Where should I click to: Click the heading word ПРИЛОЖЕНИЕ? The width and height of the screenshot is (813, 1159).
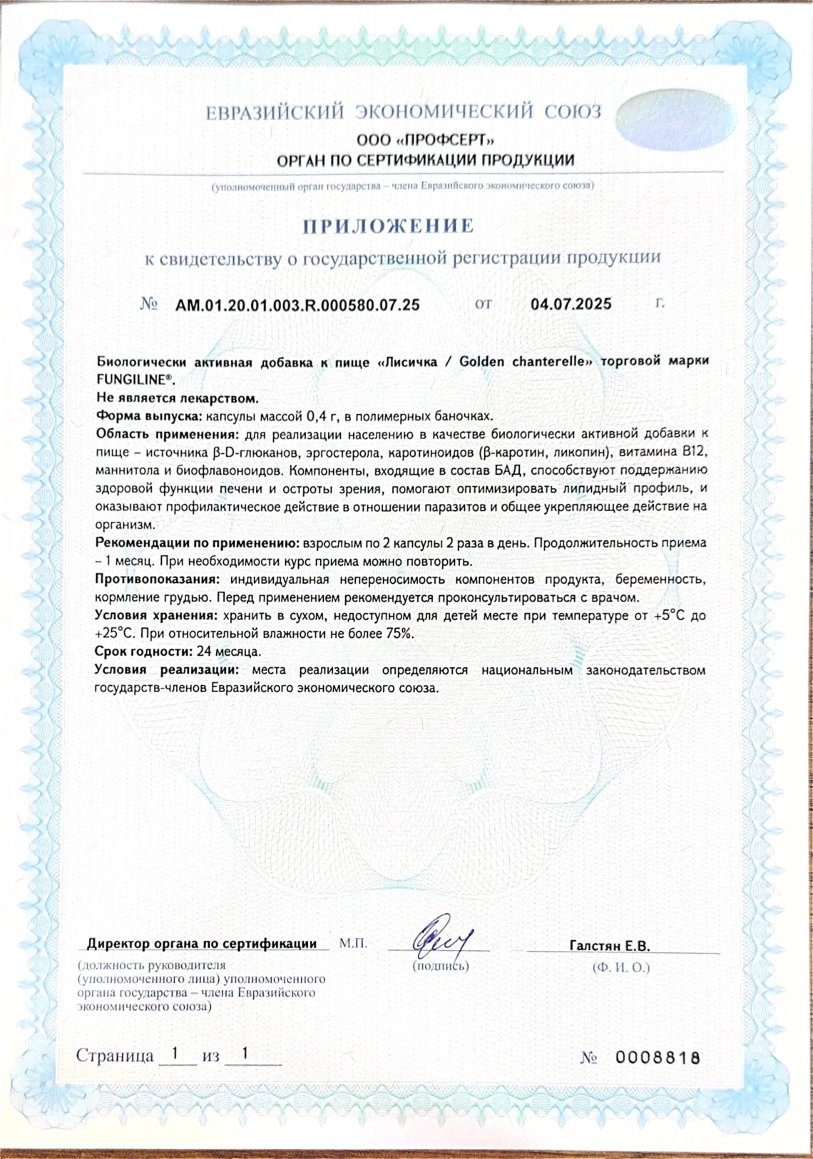click(x=389, y=227)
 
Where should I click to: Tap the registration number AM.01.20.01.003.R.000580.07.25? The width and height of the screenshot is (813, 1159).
click(x=297, y=305)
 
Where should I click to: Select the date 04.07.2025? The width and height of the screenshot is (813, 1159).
click(x=571, y=304)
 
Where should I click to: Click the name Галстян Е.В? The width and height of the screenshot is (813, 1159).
click(x=610, y=947)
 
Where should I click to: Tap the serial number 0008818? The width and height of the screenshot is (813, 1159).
click(x=658, y=1058)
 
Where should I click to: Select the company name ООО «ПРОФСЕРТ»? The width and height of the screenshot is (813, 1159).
click(x=425, y=140)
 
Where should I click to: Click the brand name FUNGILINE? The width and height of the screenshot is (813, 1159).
click(x=133, y=379)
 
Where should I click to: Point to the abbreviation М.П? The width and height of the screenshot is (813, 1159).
click(x=354, y=944)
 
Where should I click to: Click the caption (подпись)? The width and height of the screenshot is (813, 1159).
click(x=441, y=967)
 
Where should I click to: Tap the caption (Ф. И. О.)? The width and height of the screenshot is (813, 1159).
click(x=620, y=968)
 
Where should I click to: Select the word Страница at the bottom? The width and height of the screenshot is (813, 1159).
click(x=115, y=1056)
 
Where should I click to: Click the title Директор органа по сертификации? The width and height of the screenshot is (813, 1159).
click(x=202, y=944)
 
